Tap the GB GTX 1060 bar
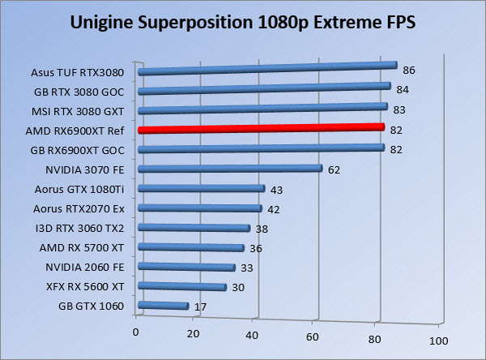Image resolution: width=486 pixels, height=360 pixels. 164,306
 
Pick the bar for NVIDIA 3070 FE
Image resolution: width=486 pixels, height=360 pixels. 231,169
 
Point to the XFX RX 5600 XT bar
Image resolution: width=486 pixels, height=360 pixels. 182,286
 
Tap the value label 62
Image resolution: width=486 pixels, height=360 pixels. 335,169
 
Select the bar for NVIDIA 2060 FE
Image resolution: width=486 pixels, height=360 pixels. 186,267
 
